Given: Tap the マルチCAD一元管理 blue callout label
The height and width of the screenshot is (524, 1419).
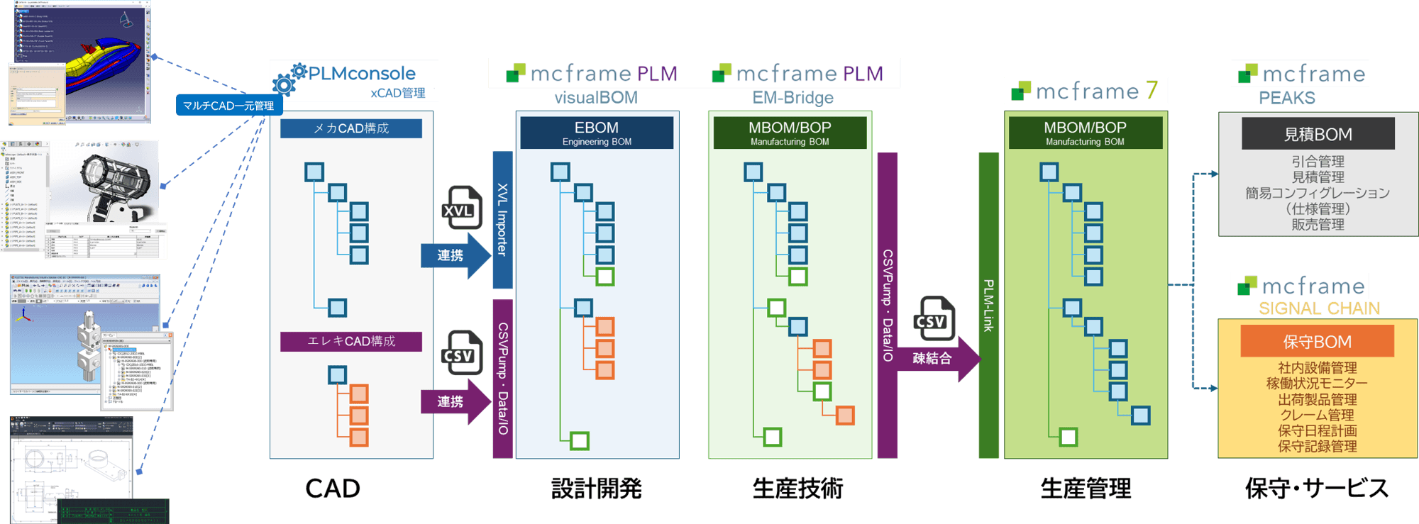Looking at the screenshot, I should pos(228,106).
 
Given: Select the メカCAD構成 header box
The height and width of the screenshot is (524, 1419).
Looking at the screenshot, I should pos(351,128).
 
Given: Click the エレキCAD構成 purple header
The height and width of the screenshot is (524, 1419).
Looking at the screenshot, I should pos(351,341).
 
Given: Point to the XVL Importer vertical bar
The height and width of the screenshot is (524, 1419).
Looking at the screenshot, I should pos(502,219).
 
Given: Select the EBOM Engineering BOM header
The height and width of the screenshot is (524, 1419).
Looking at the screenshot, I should pos(597,133).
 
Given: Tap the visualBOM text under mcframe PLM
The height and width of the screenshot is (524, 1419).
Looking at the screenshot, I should pos(596,97).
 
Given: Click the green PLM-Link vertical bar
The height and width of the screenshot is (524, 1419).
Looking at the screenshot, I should pos(988,306).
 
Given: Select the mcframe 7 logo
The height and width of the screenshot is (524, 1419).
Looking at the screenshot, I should pos(1086,91).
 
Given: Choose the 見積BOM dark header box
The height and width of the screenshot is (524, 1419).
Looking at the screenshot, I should pos(1318,134).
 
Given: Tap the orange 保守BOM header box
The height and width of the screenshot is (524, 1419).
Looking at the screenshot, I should pos(1317,342).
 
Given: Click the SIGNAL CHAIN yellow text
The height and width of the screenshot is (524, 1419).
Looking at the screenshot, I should pos(1319,308).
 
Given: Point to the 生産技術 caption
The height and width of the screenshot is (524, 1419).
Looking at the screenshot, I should pos(797,489).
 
